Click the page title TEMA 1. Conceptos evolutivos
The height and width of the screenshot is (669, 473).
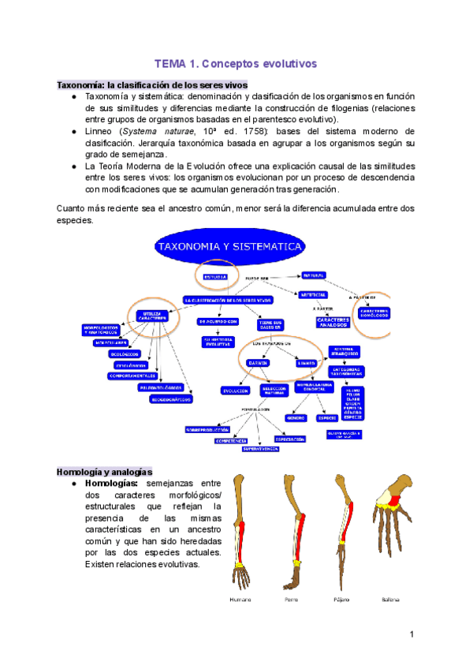[x=235, y=64]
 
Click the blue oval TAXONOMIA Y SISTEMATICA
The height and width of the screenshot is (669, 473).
[x=230, y=246]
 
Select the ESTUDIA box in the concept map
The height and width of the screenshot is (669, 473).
[x=216, y=277]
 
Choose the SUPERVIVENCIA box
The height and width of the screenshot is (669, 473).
[x=260, y=448]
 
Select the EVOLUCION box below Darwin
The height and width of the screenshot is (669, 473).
[x=236, y=391]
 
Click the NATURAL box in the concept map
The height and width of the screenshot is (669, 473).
[x=313, y=275]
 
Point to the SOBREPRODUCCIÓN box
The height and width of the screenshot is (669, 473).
[x=211, y=430]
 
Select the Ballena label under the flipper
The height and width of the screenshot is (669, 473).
[x=389, y=600]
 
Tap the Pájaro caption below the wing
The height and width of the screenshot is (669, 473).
[x=342, y=600]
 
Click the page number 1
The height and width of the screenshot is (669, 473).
[x=412, y=634]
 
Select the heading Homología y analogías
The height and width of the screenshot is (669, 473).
[x=104, y=471]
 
